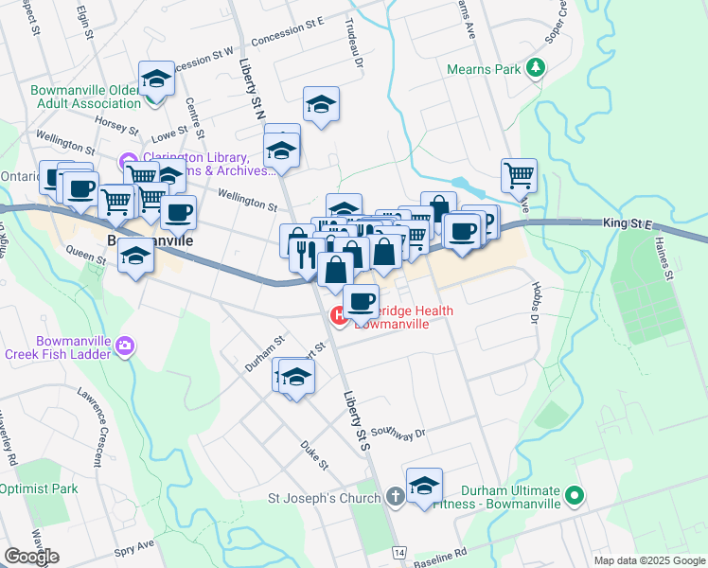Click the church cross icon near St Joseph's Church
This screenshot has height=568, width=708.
(x=395, y=498)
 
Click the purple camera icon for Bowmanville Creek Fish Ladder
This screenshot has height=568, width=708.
(x=125, y=348)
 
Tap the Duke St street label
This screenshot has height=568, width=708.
(x=314, y=454)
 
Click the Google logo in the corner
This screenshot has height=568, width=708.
(x=31, y=556)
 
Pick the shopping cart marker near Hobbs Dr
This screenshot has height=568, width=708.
(x=519, y=174)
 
